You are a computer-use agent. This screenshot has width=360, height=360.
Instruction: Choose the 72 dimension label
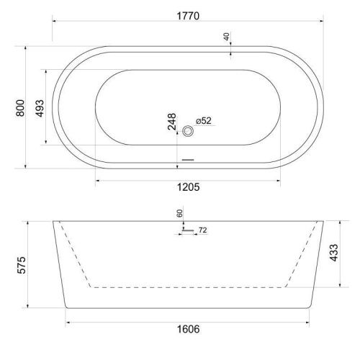click(202, 230)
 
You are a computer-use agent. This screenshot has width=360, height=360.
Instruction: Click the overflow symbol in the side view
click(186, 230)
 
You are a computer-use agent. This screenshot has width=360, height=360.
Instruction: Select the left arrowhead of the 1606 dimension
click(68, 318)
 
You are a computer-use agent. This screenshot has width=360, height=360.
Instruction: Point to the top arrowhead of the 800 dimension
click(27, 48)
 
